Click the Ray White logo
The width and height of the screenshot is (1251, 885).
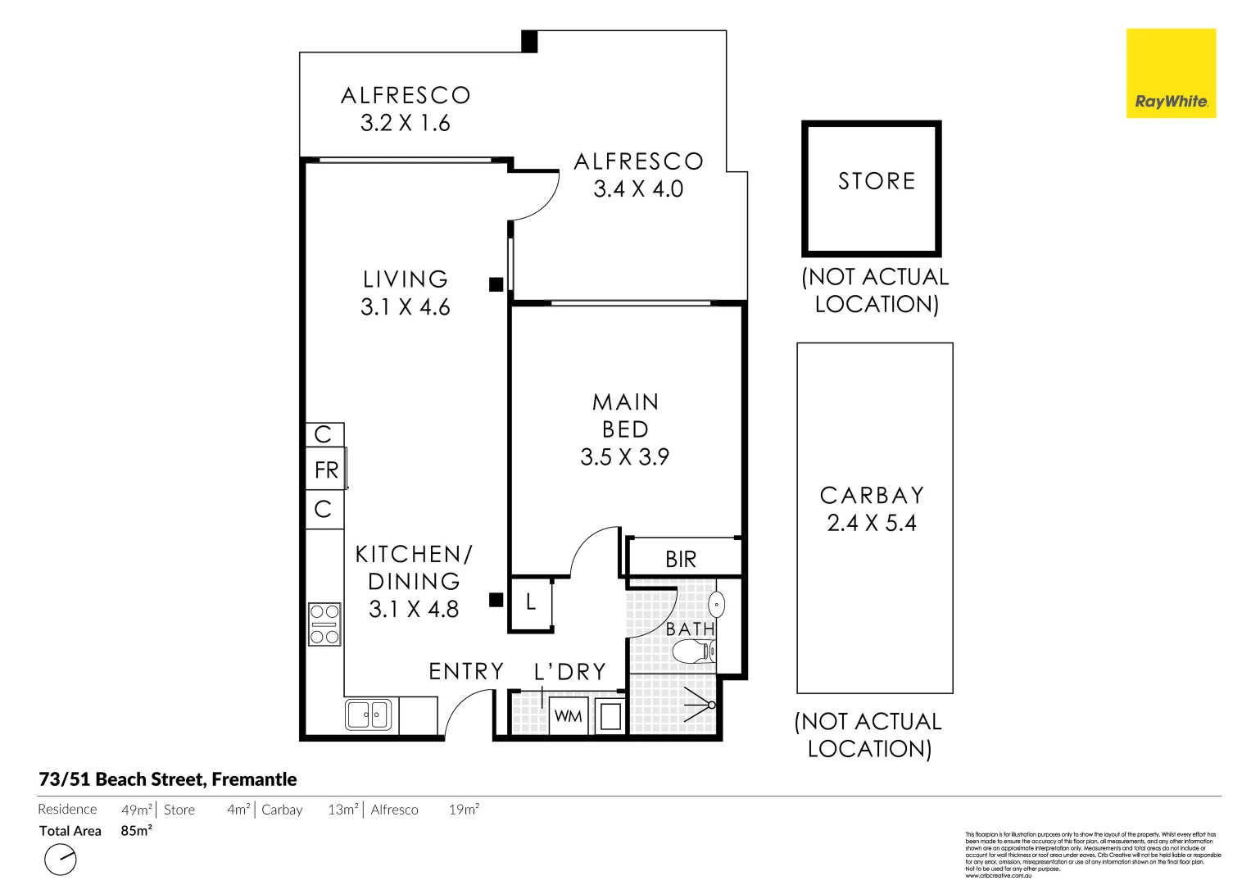coord(1171,74)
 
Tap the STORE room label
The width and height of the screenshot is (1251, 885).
coord(876,181)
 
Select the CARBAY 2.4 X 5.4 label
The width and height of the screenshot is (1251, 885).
coord(872,509)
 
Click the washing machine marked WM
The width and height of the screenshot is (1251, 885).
coord(568,715)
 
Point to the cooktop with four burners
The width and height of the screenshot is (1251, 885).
coord(324,624)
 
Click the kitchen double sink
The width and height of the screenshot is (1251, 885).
coord(368,715)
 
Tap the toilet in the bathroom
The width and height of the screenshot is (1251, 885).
coord(693,652)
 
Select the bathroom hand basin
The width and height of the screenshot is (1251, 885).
coord(716,606)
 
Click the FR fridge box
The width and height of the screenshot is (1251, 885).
coord(325,470)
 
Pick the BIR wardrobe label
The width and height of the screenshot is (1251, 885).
coord(681,560)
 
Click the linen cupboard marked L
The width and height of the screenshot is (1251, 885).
coord(531,603)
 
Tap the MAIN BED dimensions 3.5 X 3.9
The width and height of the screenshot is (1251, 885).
coord(624,457)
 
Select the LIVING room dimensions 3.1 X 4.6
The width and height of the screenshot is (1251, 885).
coord(406,307)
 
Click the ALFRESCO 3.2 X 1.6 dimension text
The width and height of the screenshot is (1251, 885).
coord(406,124)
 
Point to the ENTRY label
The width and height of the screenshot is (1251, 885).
coord(466,672)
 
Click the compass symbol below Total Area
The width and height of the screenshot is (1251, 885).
coord(60,860)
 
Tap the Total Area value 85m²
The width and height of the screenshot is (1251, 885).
coord(136,831)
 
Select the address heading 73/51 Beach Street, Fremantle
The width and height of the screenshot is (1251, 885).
coord(168,779)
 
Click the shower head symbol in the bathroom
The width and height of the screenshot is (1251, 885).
coord(701,705)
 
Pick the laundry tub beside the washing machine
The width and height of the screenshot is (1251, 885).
coord(610,716)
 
